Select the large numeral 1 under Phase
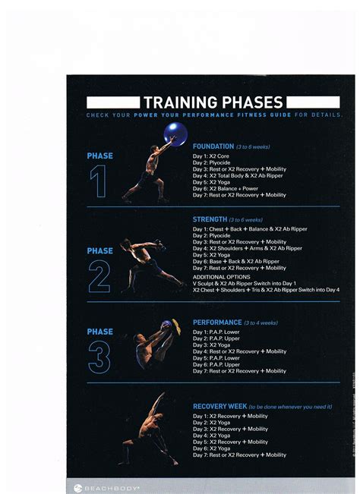tap(99, 181)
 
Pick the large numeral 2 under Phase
tap(99, 277)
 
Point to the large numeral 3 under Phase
tap(99, 357)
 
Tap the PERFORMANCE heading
tap(217, 322)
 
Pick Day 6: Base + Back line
tap(237, 261)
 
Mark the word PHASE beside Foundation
tap(99, 156)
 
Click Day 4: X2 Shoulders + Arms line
tap(247, 248)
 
